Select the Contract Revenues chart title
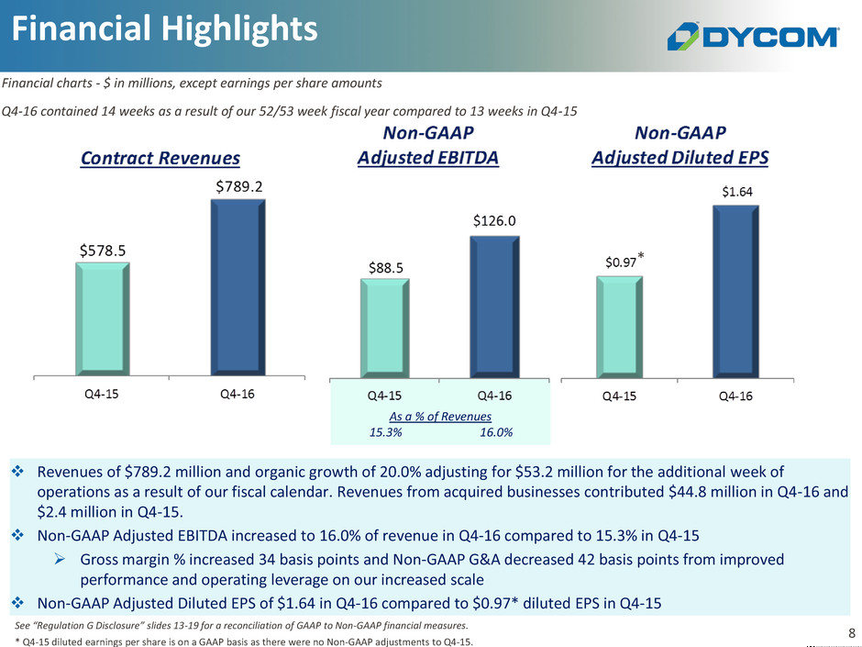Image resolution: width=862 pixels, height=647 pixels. coord(160,158)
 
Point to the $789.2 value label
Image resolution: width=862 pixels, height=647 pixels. coord(238,186)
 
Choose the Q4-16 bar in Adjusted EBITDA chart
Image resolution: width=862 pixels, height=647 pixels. coord(493,307)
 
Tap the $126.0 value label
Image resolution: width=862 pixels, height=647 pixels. coord(494,220)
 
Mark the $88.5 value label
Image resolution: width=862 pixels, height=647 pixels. coord(383,267)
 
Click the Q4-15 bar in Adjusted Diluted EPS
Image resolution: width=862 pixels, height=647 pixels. coord(619,326)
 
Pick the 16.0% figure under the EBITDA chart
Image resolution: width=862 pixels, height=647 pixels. coord(495,432)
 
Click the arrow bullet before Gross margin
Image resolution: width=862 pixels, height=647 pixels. coord(64,560)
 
